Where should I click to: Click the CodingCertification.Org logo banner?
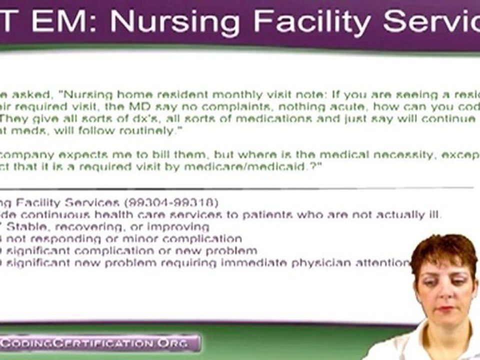97,343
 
